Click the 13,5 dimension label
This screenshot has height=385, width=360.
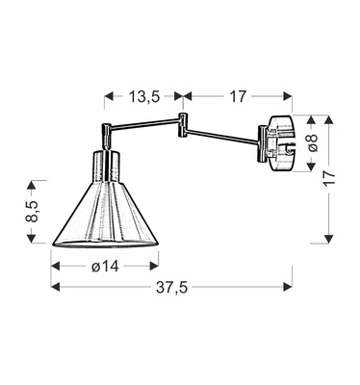(142, 95)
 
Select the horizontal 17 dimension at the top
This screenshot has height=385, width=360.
(238, 95)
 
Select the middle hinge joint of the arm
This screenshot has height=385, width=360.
(181, 119)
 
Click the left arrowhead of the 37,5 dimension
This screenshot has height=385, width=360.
(55, 287)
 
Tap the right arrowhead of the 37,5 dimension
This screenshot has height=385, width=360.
(287, 287)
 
